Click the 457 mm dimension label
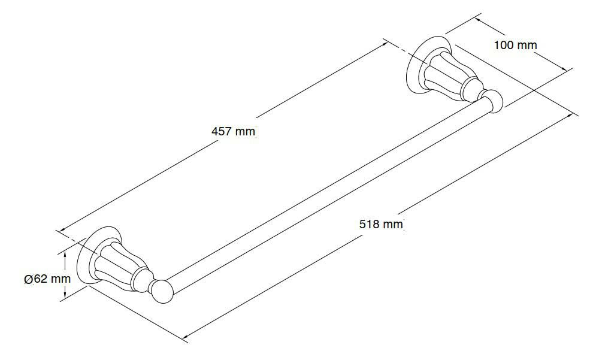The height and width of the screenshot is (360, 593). pos(234,131)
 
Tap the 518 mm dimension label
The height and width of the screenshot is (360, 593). pos(380,224)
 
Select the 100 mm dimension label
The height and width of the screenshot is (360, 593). pos(515,45)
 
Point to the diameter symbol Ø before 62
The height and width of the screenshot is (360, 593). pos(28,279)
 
